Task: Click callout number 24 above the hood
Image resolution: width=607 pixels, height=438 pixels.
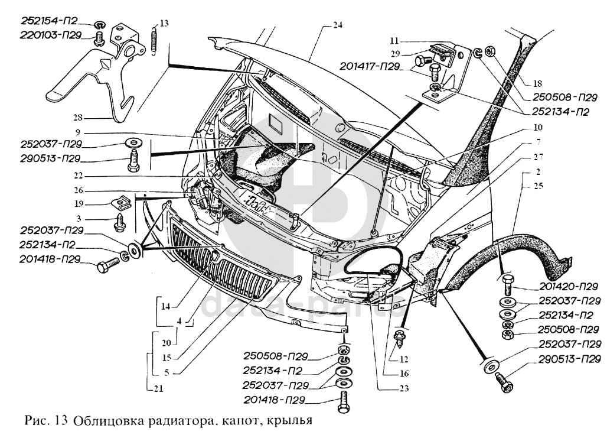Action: click(x=337, y=25)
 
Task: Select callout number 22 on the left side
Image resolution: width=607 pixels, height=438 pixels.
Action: click(x=79, y=175)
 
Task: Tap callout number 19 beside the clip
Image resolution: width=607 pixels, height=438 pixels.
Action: click(x=79, y=203)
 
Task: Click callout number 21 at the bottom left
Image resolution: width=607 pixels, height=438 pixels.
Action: click(x=159, y=388)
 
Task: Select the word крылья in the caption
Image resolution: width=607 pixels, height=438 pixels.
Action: click(x=289, y=423)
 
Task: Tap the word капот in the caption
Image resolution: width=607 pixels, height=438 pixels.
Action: click(x=243, y=423)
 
